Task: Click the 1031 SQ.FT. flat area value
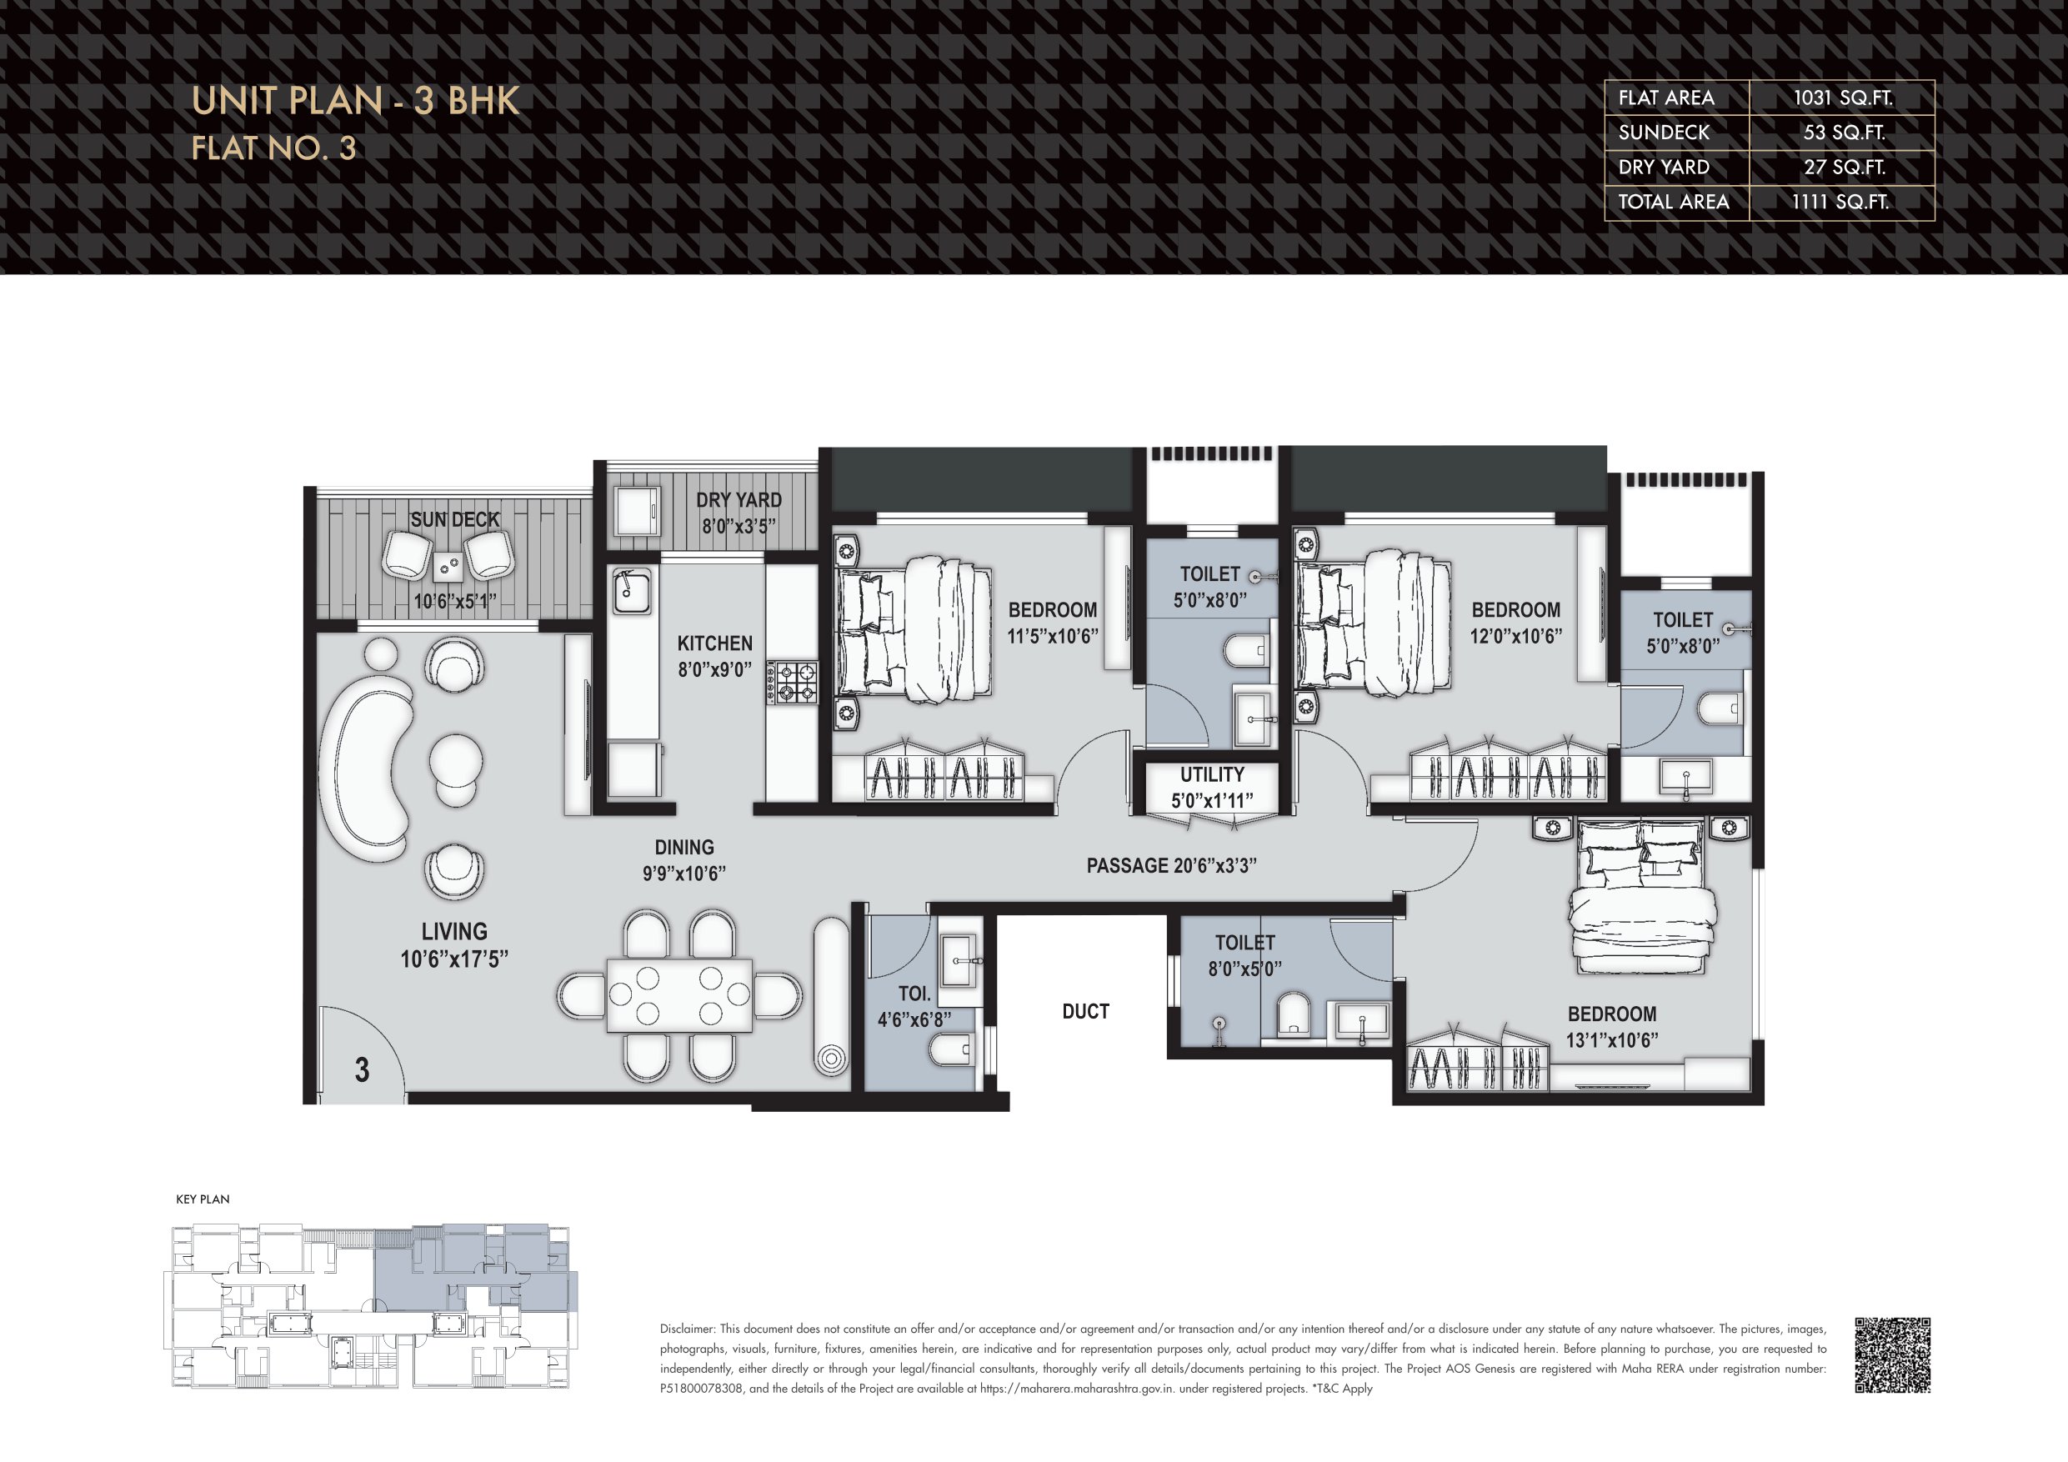pyautogui.click(x=1842, y=98)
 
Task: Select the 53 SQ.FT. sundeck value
pyautogui.click(x=1844, y=133)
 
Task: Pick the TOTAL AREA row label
pyautogui.click(x=1674, y=202)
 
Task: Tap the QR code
pyautogui.click(x=1892, y=1354)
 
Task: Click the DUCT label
pyautogui.click(x=1085, y=1012)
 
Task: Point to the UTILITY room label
pyautogui.click(x=1212, y=774)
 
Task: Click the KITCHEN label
pyautogui.click(x=714, y=643)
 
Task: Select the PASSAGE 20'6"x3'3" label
pyautogui.click(x=1171, y=866)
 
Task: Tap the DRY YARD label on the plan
pyautogui.click(x=739, y=500)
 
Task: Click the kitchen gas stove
pyautogui.click(x=792, y=682)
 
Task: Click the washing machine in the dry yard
pyautogui.click(x=638, y=513)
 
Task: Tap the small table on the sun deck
pyautogui.click(x=449, y=567)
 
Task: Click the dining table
pyautogui.click(x=679, y=995)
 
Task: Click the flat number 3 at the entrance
pyautogui.click(x=362, y=1070)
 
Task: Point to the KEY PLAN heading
pyautogui.click(x=203, y=1199)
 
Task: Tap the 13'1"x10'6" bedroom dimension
pyautogui.click(x=1612, y=1040)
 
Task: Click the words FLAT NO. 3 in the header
pyautogui.click(x=273, y=148)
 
